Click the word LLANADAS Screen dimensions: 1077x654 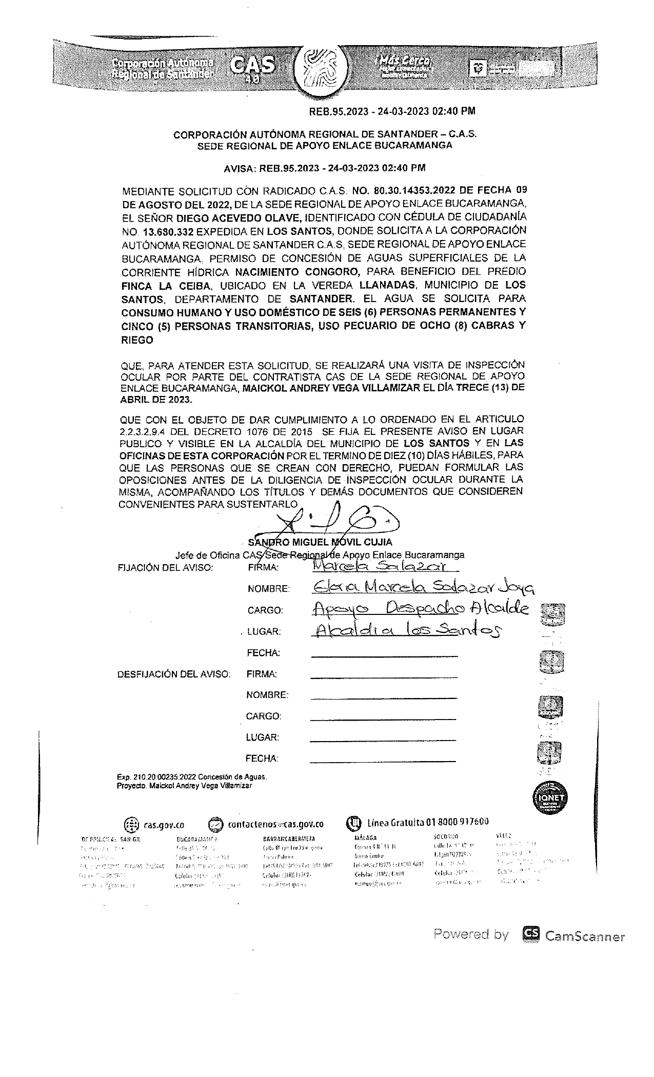(385, 285)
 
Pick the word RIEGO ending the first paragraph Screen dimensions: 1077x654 (137, 340)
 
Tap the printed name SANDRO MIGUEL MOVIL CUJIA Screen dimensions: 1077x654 (320, 542)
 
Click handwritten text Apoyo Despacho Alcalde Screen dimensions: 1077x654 (419, 609)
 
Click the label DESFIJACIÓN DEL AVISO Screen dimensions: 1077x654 (174, 674)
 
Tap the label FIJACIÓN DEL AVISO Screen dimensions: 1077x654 (165, 568)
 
